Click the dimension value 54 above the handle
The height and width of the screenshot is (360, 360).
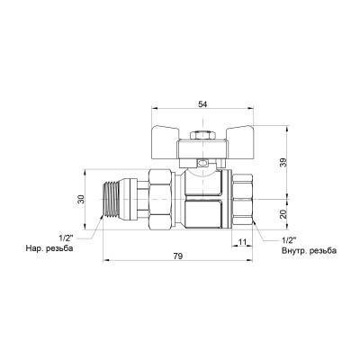pos(202,104)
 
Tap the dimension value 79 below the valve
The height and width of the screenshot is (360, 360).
pos(178,256)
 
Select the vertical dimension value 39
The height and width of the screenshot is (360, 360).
pos(283,162)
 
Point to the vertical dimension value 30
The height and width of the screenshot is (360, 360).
pos(81,200)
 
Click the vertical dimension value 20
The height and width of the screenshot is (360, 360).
pos(283,214)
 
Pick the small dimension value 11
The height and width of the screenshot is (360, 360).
pos(242,241)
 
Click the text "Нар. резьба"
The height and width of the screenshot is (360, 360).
pos(49,248)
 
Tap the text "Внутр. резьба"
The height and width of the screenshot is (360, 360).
pos(309,251)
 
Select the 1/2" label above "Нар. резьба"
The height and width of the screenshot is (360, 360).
pos(66,238)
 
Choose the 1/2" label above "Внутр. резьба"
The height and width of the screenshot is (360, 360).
pos(289,240)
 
